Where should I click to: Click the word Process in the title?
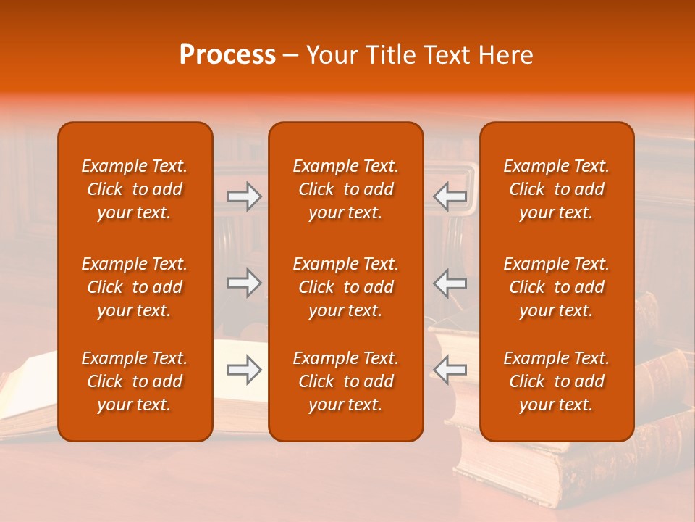click(x=227, y=55)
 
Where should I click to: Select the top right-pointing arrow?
click(x=244, y=196)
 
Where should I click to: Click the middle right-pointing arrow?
click(x=244, y=283)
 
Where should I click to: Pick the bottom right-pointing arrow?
click(x=244, y=370)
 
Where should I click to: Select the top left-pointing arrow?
click(x=450, y=196)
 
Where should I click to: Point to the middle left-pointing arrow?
click(x=450, y=283)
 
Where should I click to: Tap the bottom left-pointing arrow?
click(x=450, y=370)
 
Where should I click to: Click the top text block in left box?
click(x=135, y=189)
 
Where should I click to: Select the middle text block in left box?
click(x=135, y=287)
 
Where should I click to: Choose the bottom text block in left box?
click(x=135, y=381)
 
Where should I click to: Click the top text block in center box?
click(x=346, y=189)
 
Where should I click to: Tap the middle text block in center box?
click(x=346, y=287)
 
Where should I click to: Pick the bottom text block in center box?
click(x=346, y=381)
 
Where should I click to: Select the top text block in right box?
click(x=557, y=189)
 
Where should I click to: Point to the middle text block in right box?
click(x=557, y=287)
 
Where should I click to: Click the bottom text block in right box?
click(x=557, y=381)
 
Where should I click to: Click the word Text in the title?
click(x=446, y=55)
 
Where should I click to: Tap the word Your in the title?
click(x=331, y=55)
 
